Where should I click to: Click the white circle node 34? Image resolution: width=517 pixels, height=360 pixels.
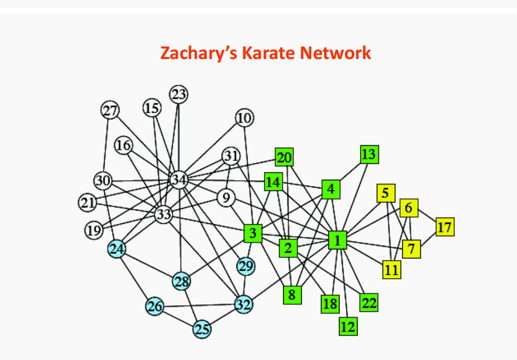click(x=179, y=180)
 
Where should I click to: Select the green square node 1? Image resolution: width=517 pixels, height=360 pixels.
click(x=337, y=240)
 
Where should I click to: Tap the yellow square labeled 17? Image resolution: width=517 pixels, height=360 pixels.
click(x=445, y=227)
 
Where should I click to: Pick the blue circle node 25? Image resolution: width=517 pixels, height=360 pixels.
click(x=201, y=330)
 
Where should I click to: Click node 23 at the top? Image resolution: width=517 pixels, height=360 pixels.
click(x=179, y=95)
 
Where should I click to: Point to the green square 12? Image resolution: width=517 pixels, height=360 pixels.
click(x=348, y=326)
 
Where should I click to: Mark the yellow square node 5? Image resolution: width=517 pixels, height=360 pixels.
click(x=386, y=193)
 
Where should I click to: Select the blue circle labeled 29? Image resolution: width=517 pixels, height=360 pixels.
click(x=245, y=265)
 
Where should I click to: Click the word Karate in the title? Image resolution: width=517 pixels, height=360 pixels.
click(x=268, y=53)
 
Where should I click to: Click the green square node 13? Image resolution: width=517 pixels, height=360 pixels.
click(x=369, y=154)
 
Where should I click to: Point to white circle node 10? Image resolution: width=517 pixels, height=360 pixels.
click(x=244, y=118)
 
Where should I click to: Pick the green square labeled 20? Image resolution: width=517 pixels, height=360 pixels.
click(x=284, y=157)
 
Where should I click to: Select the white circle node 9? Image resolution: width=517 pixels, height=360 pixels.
click(x=226, y=198)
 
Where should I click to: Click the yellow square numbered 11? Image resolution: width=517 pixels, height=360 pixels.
click(x=392, y=270)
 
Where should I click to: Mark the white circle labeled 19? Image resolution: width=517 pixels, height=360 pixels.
click(x=94, y=230)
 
